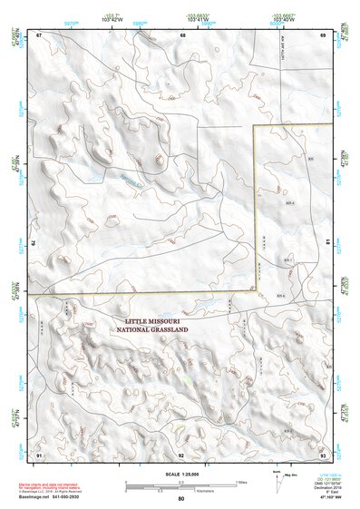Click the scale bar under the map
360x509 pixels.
(180, 484)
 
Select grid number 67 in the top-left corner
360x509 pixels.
(39, 34)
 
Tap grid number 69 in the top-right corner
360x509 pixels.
(323, 34)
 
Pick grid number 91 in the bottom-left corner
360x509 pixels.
(39, 453)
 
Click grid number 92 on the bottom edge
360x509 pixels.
(181, 453)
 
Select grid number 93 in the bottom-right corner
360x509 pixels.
(323, 453)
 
